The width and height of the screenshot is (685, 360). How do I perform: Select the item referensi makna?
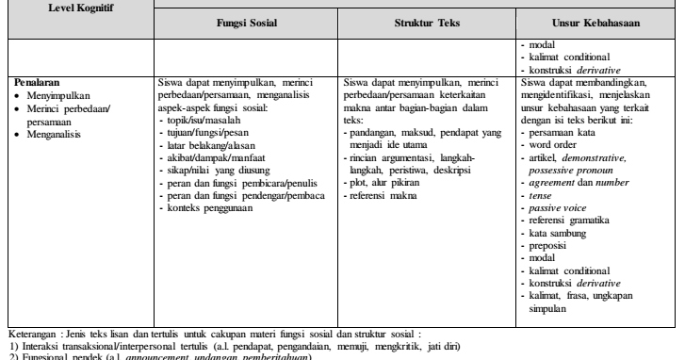(x=384, y=195)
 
